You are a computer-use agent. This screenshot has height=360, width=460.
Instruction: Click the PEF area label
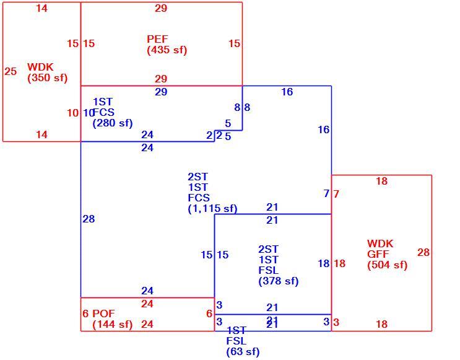click(157, 39)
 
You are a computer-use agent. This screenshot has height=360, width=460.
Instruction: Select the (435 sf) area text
click(167, 50)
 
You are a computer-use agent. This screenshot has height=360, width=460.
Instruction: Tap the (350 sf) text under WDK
click(48, 78)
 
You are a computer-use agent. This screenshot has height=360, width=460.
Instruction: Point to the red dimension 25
click(11, 71)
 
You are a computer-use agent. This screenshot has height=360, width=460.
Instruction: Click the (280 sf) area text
click(113, 123)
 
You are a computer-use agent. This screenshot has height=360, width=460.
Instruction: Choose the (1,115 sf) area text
click(213, 208)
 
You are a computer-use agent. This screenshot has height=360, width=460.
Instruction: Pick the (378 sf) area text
click(279, 281)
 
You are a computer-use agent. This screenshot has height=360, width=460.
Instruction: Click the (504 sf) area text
click(387, 265)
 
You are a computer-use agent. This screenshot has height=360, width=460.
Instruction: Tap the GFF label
click(378, 254)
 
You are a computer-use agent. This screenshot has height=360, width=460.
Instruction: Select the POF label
click(103, 314)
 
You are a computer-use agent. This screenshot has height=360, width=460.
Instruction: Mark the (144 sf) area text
click(113, 325)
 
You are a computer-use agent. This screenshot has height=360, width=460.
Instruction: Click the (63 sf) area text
click(243, 351)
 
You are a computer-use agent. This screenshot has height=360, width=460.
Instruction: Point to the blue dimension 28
click(89, 219)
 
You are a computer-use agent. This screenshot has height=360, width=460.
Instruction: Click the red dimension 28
click(423, 253)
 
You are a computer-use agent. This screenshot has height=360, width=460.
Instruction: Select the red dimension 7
click(336, 194)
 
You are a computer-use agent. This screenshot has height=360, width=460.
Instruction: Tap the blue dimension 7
click(326, 193)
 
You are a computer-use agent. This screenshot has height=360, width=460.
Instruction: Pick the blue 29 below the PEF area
click(161, 92)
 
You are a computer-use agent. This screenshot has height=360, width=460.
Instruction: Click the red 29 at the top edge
click(161, 8)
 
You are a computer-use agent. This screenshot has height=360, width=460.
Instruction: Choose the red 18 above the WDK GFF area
click(381, 181)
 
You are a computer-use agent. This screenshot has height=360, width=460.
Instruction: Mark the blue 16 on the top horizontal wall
click(287, 92)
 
